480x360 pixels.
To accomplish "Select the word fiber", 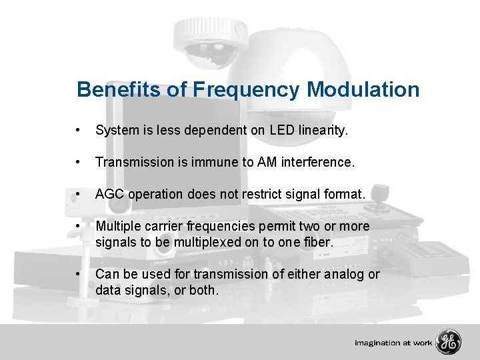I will [317, 242].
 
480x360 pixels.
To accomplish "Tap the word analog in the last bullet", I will [340, 274].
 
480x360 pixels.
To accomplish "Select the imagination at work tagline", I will [393, 343].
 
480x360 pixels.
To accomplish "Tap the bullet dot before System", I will [79, 131].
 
